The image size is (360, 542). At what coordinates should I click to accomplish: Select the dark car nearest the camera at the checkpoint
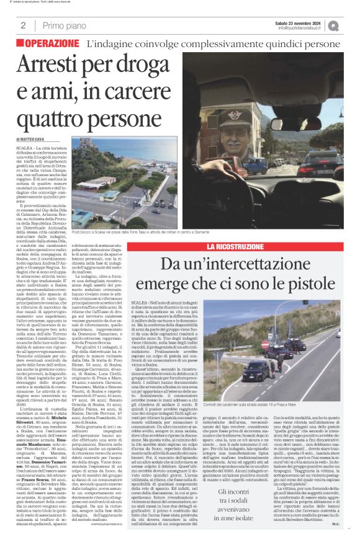256,370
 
